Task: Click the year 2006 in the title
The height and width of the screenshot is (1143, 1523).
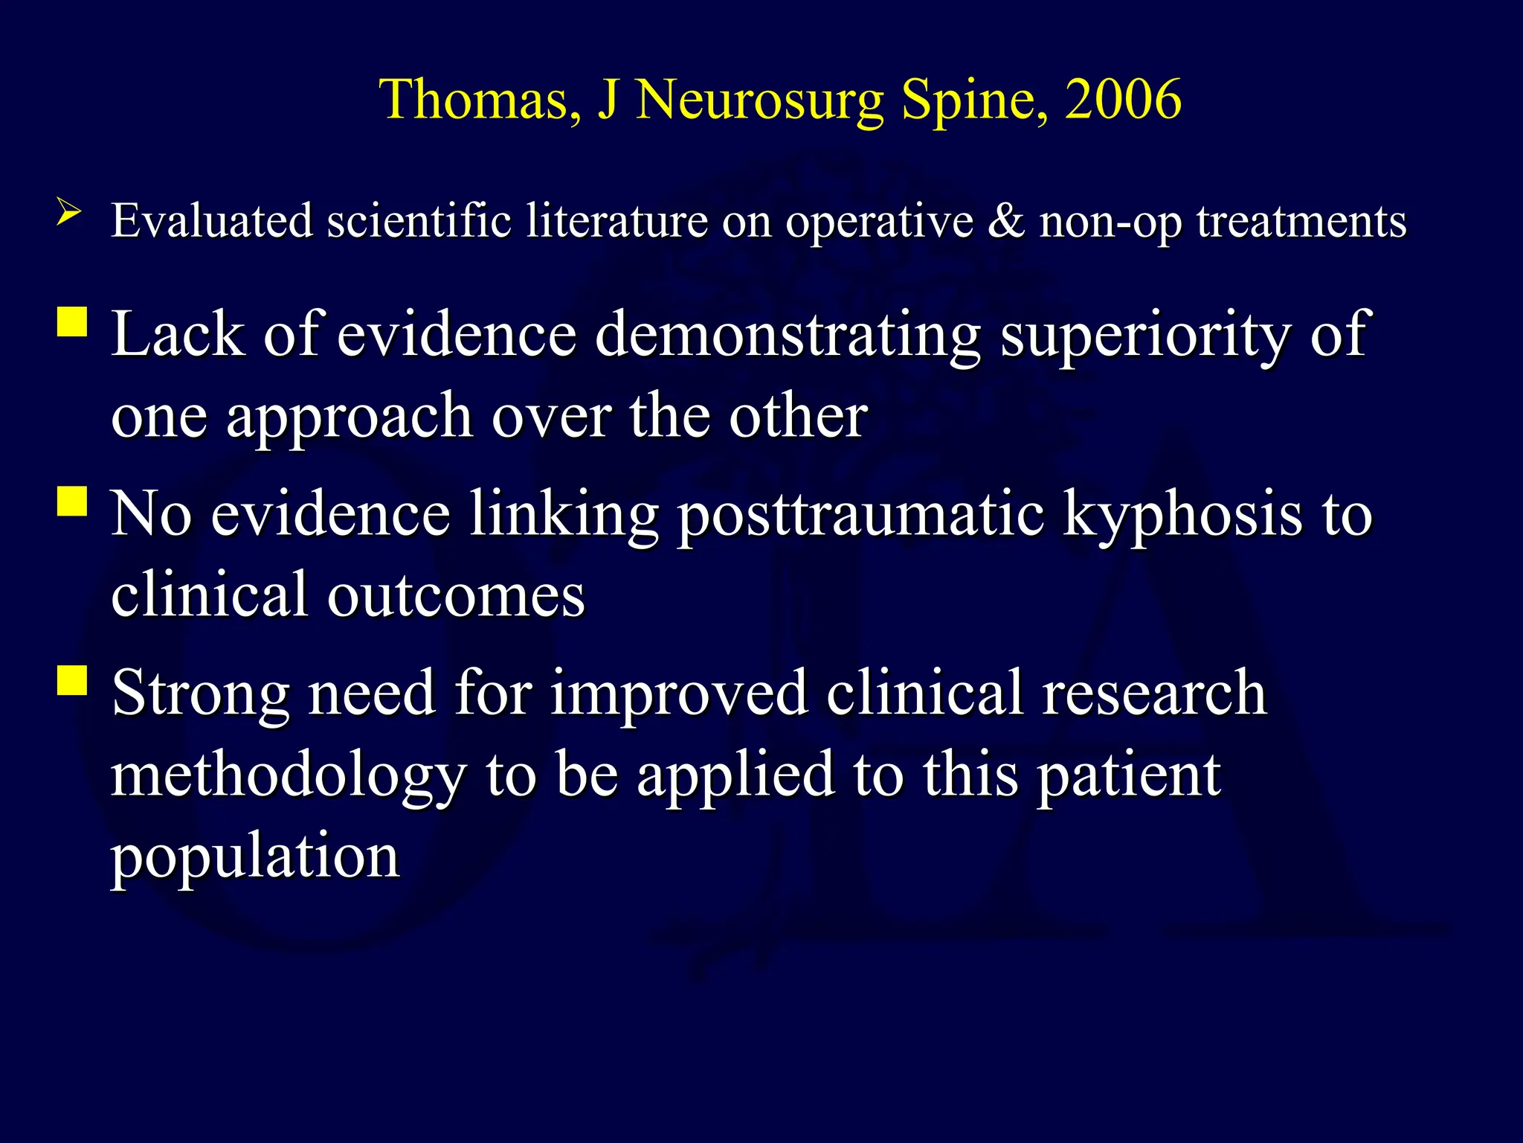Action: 1123,99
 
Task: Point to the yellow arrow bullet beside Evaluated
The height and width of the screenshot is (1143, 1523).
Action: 68,213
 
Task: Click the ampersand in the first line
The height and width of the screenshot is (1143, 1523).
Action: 1005,221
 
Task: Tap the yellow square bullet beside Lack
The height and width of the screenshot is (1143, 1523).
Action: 72,323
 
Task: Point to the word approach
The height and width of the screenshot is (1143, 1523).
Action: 350,417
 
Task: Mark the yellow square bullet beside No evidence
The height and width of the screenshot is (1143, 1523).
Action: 72,502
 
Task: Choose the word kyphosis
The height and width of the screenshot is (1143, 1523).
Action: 1182,515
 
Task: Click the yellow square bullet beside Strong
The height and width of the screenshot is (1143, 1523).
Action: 72,680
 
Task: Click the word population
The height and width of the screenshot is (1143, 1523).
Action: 256,857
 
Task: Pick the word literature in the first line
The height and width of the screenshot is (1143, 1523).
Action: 616,221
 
